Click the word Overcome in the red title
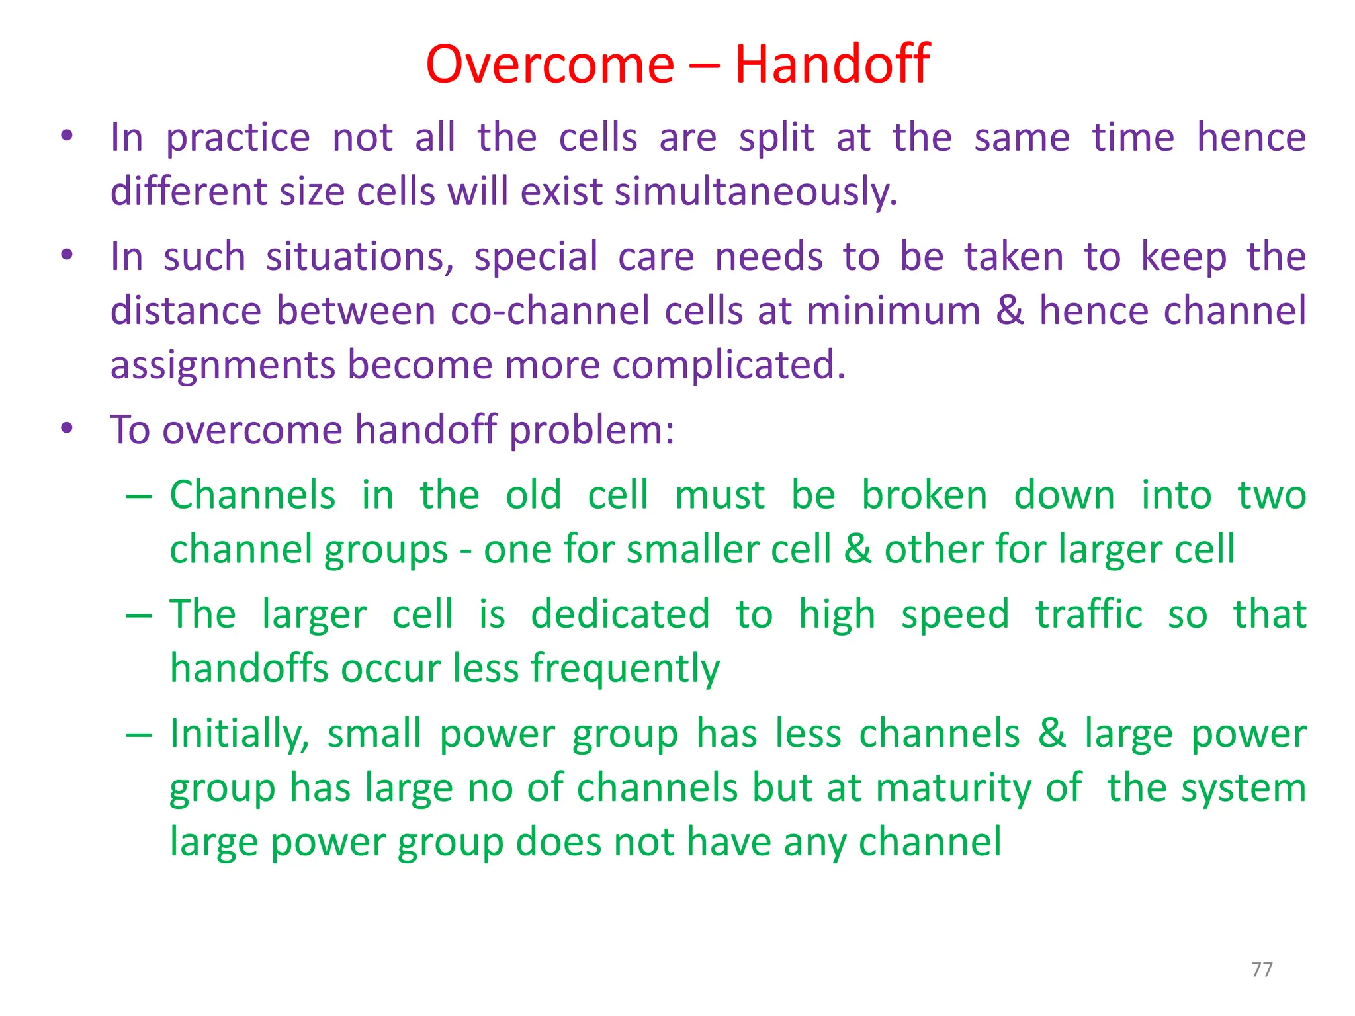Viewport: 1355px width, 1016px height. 550,64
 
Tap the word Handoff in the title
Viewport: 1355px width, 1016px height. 832,64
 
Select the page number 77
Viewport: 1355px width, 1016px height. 1262,970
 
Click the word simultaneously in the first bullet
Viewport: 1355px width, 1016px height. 756,192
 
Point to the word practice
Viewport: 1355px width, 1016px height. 238,139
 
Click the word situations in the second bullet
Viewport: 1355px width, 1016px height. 359,257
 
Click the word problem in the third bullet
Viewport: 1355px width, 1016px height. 591,431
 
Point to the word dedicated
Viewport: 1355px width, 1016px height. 620,614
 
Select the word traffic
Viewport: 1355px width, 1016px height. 1088,614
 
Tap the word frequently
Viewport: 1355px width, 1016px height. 625,669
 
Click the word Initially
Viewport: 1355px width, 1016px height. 239,735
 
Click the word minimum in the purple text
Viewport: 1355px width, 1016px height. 894,311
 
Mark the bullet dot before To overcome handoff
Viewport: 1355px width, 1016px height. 66,429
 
